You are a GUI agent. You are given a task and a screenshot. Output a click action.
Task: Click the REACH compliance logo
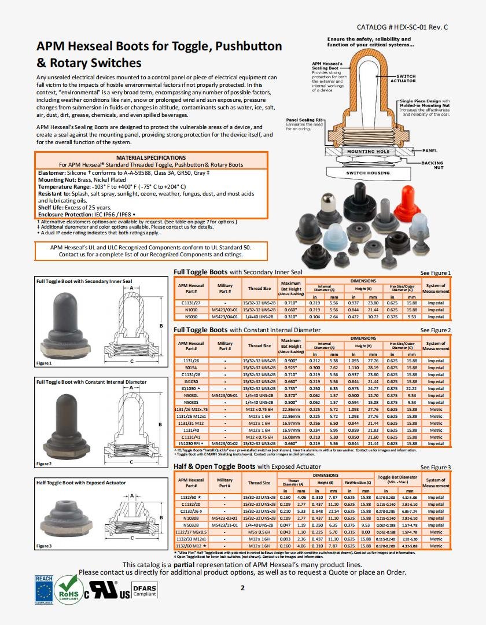point(44,590)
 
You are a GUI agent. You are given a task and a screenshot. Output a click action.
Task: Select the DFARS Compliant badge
point(145,591)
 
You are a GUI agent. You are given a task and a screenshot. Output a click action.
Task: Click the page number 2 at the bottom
point(243,588)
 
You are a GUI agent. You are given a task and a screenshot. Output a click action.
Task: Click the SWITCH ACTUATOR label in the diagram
point(406,79)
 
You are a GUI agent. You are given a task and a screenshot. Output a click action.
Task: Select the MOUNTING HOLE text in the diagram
point(368,152)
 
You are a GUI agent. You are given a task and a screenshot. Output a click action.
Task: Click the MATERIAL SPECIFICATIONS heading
point(151,157)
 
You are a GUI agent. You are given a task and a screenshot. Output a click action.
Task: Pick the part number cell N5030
point(191,317)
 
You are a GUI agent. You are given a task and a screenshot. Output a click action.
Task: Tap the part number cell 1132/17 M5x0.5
point(191,532)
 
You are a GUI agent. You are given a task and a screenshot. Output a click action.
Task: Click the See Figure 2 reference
point(435,330)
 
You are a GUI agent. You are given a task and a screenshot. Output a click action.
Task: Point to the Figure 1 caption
point(44,363)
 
